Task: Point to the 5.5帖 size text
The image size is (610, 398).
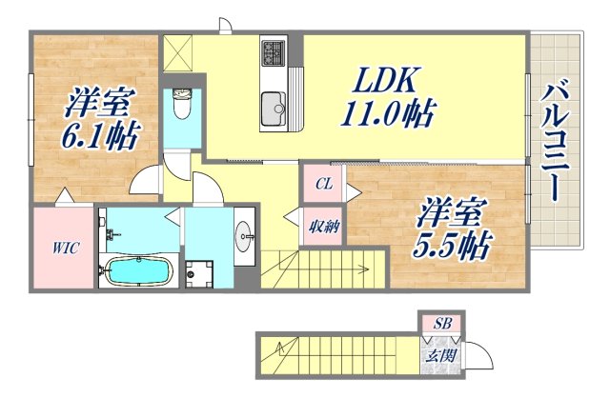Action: pyautogui.click(x=450, y=246)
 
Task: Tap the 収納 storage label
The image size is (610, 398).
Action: pyautogui.click(x=320, y=226)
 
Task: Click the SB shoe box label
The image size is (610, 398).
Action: pyautogui.click(x=442, y=323)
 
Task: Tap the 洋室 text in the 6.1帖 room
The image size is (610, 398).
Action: pyautogui.click(x=98, y=100)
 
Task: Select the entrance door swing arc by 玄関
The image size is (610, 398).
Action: pyautogui.click(x=480, y=357)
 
